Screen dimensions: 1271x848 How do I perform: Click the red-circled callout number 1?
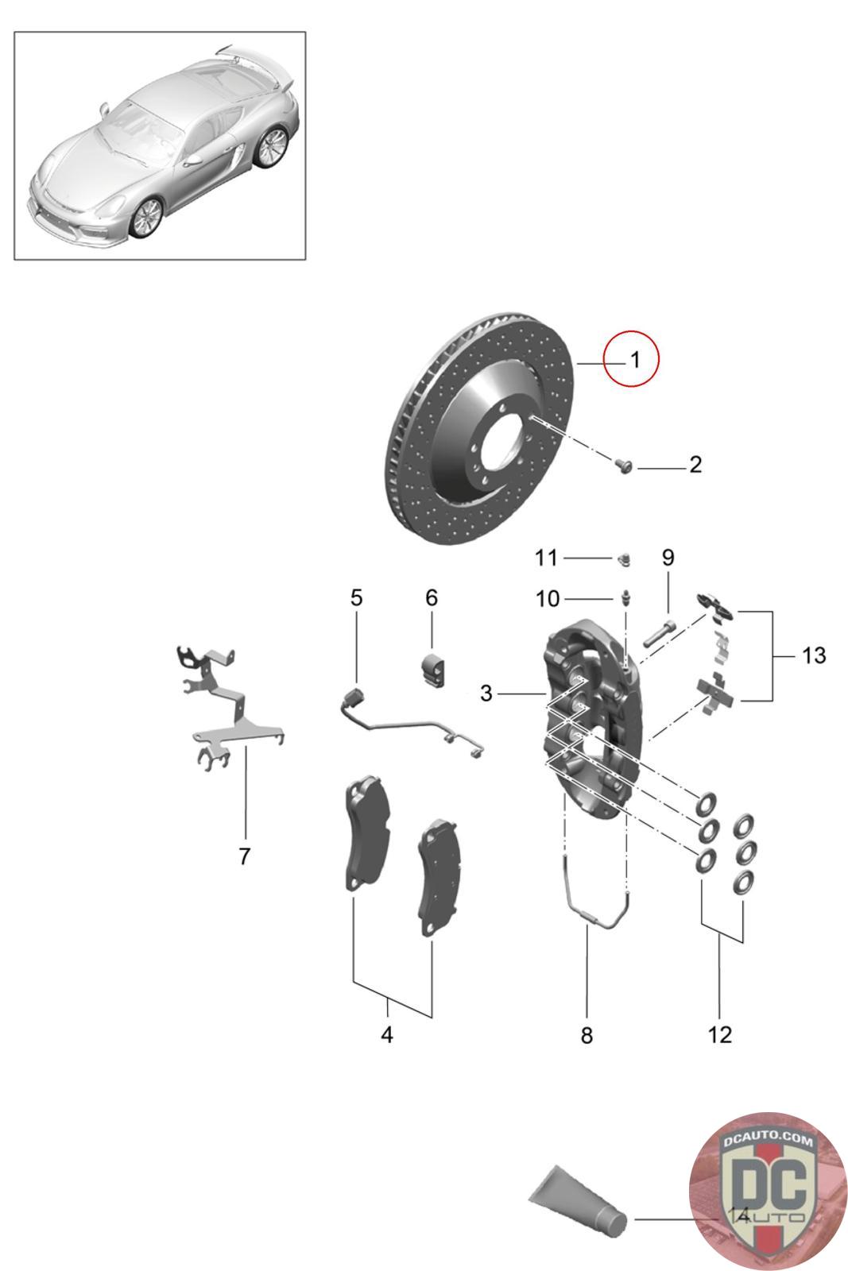(x=634, y=361)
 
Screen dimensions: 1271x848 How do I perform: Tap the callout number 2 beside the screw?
(x=695, y=464)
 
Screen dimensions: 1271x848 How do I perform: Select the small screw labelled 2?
(x=624, y=464)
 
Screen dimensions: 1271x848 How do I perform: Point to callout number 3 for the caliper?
(x=486, y=693)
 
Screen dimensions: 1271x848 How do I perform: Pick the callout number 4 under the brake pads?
(x=386, y=1035)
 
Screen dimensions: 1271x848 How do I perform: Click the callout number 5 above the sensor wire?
(x=356, y=597)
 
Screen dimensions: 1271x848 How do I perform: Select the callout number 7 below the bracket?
(x=244, y=856)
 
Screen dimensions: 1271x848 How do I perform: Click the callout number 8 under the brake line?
(x=587, y=1036)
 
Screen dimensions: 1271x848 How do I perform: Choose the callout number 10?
(x=548, y=598)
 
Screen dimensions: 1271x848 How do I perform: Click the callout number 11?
(x=546, y=558)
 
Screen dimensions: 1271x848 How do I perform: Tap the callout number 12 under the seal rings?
(x=720, y=1035)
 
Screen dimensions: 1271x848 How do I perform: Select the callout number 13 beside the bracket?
(x=814, y=655)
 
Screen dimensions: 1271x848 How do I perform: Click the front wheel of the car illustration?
(x=146, y=218)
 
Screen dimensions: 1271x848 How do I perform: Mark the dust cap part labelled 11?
(x=624, y=559)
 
